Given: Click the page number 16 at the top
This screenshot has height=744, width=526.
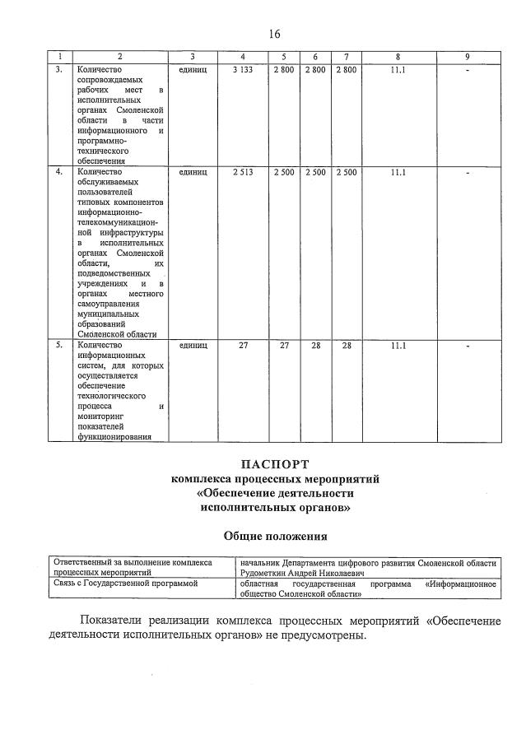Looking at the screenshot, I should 274,34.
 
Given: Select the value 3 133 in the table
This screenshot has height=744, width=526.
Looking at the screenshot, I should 243,71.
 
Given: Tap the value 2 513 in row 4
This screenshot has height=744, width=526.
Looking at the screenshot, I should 243,172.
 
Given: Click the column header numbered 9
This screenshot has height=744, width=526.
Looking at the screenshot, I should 466,57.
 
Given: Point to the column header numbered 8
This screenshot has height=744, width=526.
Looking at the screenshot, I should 398,57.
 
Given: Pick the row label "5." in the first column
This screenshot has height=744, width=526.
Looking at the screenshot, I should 58,345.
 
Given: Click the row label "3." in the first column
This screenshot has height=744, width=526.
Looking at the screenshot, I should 58,71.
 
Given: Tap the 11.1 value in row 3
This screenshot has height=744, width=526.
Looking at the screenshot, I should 398,71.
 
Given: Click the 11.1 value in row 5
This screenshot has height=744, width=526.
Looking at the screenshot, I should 398,345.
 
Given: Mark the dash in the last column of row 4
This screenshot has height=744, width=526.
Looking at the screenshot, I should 466,172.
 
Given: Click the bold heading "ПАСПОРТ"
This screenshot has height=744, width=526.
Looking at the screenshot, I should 274,464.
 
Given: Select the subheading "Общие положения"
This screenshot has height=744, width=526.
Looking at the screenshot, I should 275,536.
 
